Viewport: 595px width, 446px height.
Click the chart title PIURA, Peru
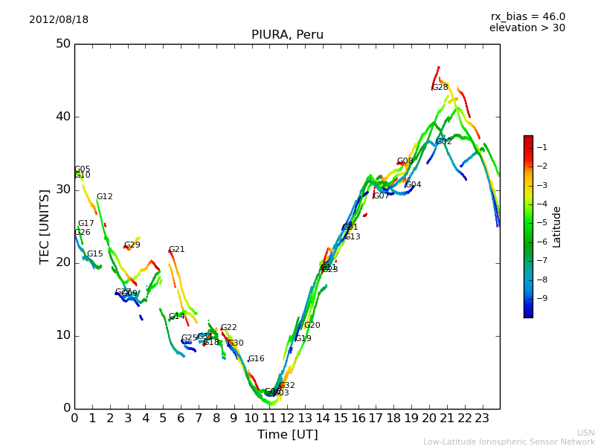tap(287, 35)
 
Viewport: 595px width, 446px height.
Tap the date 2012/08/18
tap(59, 19)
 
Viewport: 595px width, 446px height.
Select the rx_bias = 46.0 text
tap(527, 16)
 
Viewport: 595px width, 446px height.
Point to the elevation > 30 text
tap(527, 28)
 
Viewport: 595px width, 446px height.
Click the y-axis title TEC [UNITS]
tap(45, 226)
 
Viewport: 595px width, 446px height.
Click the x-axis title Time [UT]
tap(287, 435)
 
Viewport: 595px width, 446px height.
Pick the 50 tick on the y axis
tap(62, 44)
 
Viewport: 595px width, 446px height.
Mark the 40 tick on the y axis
tap(62, 117)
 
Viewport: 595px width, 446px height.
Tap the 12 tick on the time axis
tap(287, 418)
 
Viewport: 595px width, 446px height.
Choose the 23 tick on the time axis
tap(482, 418)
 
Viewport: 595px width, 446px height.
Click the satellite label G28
tap(440, 87)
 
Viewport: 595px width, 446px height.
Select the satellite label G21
tap(176, 250)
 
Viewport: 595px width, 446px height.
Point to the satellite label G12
tap(104, 197)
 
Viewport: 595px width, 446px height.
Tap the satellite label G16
tap(256, 359)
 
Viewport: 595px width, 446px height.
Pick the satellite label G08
tap(405, 161)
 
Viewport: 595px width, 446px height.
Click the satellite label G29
tap(132, 245)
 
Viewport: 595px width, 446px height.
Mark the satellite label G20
tap(312, 326)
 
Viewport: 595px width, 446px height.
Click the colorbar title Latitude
tap(556, 226)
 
